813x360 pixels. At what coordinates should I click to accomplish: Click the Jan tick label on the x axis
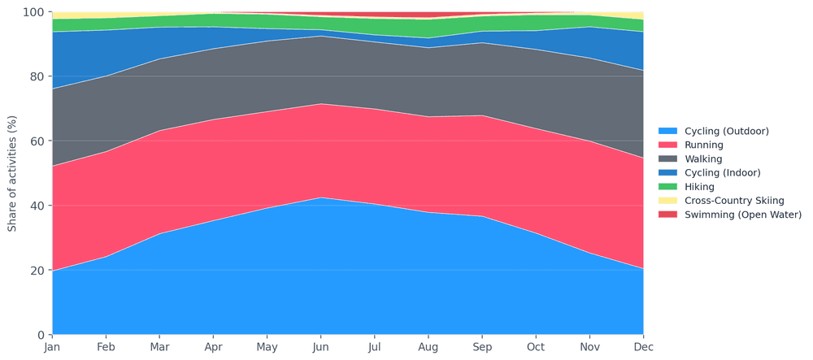click(x=52, y=347)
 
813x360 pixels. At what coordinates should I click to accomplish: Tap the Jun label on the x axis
click(x=320, y=347)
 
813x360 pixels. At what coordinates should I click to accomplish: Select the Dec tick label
click(x=643, y=347)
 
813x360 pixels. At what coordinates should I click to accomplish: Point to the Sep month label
click(x=482, y=347)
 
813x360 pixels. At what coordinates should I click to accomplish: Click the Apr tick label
click(x=213, y=347)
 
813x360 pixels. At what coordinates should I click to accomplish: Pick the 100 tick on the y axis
click(x=33, y=12)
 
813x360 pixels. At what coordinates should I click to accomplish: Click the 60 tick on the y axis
click(x=37, y=141)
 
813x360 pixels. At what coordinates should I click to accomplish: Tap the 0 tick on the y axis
click(x=40, y=335)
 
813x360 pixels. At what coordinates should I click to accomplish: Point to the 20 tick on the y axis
click(x=37, y=271)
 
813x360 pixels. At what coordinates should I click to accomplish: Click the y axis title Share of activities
click(x=12, y=173)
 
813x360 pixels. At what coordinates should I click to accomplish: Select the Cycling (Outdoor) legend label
click(x=726, y=131)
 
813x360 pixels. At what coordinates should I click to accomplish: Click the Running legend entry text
click(x=704, y=145)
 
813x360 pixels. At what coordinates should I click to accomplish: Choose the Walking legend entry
click(x=703, y=158)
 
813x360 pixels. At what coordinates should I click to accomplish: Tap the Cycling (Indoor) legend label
click(x=723, y=172)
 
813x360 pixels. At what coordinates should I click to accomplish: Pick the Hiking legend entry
click(x=699, y=186)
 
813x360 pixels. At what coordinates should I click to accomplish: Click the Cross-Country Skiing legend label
click(x=734, y=200)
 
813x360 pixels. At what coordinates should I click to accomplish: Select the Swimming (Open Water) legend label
click(x=739, y=215)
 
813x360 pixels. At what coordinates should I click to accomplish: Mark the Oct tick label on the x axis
click(x=536, y=347)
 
